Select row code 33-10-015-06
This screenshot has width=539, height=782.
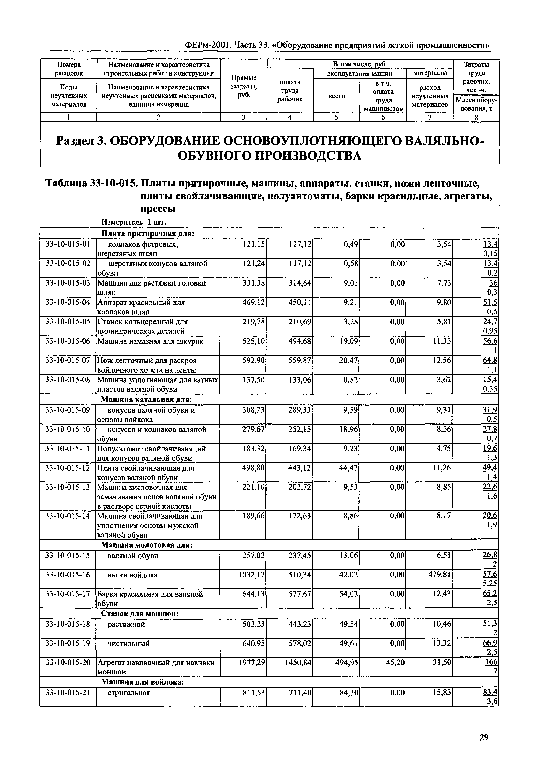pos(68,341)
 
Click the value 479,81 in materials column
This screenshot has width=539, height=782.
pos(438,575)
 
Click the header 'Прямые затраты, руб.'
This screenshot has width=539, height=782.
pos(243,87)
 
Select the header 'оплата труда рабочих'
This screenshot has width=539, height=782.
pos(290,91)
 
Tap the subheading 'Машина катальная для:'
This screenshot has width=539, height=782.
pos(147,400)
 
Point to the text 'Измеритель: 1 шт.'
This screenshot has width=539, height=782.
pos(134,222)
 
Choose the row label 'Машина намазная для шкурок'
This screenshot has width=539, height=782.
pos(150,341)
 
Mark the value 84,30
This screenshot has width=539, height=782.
pos(348,693)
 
